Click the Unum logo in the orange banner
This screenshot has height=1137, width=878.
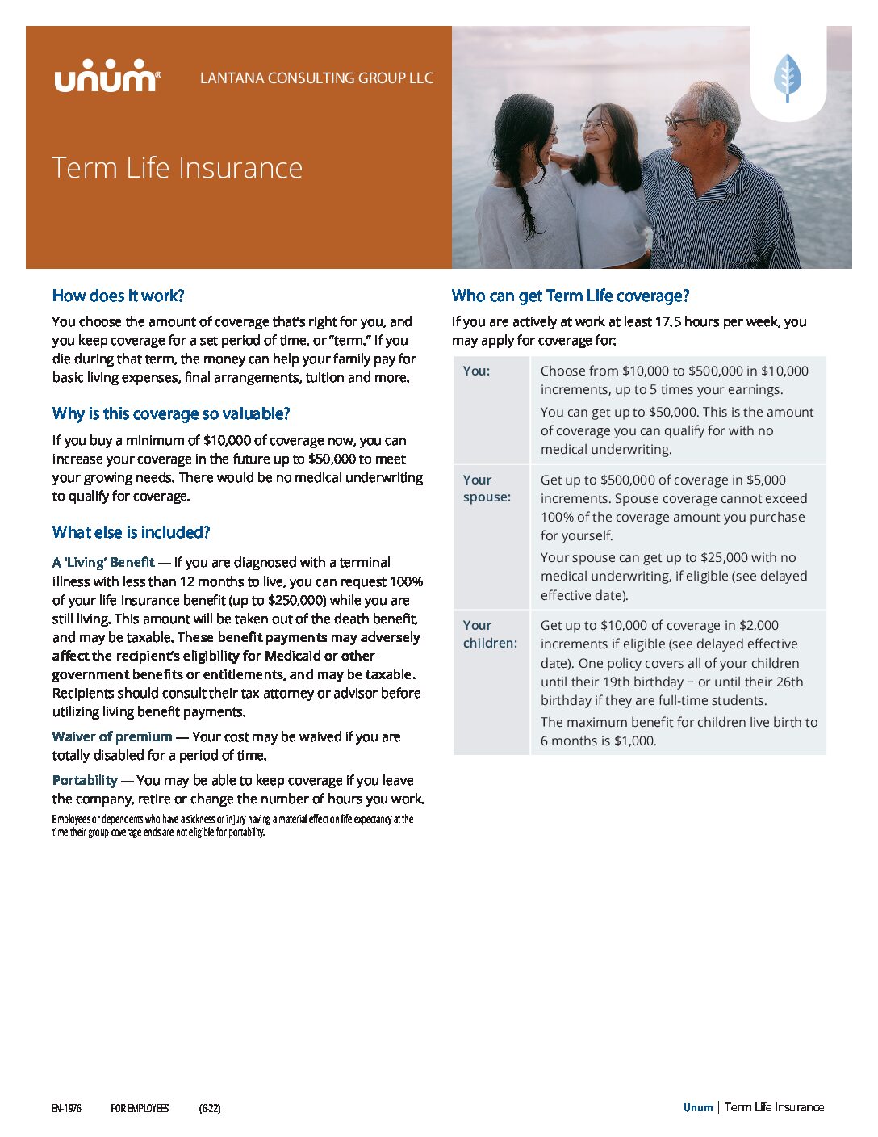point(107,78)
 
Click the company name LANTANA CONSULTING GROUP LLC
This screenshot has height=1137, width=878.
point(316,78)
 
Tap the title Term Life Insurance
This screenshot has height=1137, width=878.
point(178,168)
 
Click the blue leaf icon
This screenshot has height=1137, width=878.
point(788,78)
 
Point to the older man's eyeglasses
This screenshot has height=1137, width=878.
point(683,122)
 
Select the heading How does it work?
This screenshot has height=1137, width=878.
point(119,296)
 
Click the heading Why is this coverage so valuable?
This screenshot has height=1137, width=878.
point(171,413)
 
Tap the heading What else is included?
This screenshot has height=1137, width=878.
point(132,532)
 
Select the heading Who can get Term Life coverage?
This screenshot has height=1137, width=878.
point(571,296)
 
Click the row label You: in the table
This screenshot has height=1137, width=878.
point(476,371)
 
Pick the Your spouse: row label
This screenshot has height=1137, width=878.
point(487,488)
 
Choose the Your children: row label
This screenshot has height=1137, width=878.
point(490,634)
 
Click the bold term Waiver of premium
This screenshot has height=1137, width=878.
point(112,736)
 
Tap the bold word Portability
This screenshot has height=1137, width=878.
point(85,780)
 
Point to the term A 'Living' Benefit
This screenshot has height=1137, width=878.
point(103,562)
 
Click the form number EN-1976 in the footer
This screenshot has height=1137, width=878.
point(66,1108)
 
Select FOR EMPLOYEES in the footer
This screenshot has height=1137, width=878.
point(140,1108)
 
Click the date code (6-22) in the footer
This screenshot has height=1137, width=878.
point(210,1108)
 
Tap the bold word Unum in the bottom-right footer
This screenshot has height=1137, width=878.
point(698,1107)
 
